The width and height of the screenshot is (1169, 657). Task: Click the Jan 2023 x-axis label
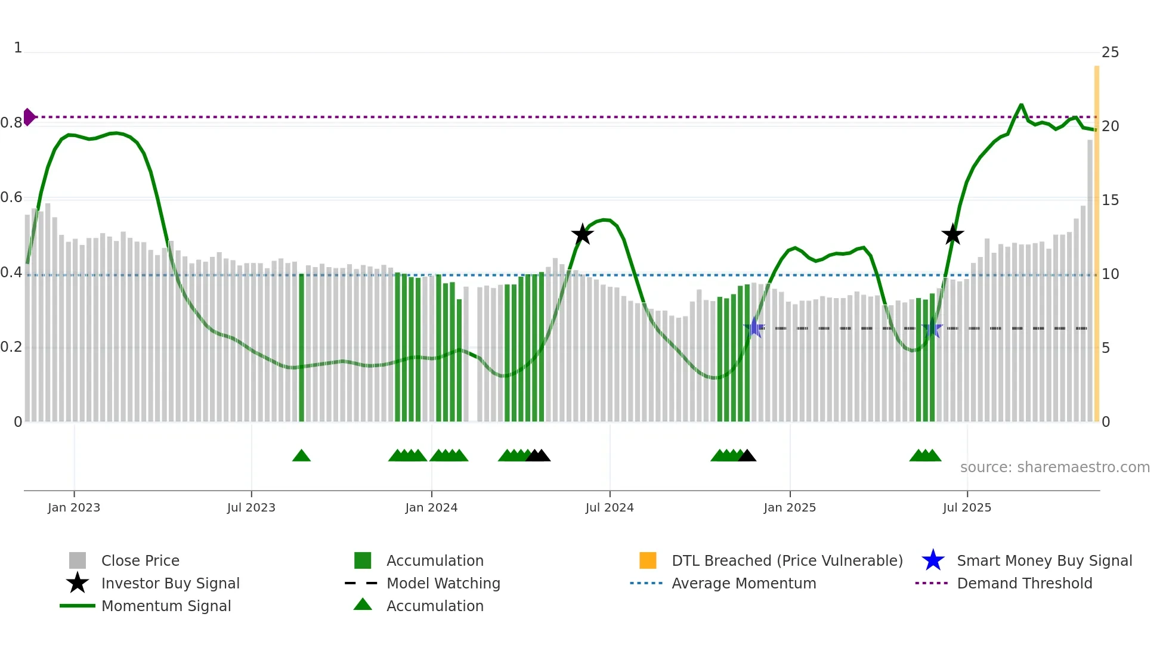(x=74, y=507)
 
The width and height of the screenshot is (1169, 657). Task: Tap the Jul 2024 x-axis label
(x=610, y=507)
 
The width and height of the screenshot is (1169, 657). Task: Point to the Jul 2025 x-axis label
(x=967, y=507)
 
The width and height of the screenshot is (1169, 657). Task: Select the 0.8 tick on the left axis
(x=11, y=123)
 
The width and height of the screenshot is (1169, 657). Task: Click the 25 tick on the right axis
(x=1110, y=52)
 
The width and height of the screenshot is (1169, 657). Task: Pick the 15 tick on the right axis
(x=1110, y=200)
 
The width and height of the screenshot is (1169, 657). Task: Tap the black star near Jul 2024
(x=582, y=234)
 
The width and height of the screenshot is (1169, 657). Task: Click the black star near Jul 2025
(x=952, y=234)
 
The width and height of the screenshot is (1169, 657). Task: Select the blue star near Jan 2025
(x=754, y=327)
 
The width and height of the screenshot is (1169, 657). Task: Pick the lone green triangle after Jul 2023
(x=301, y=455)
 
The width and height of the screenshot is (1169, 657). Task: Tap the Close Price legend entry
(x=140, y=560)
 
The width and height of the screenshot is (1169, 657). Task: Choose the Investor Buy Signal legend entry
(x=170, y=583)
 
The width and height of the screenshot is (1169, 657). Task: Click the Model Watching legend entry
(x=443, y=583)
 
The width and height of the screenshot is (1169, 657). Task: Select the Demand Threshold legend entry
(x=1024, y=583)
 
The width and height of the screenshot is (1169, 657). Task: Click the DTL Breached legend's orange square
(x=648, y=560)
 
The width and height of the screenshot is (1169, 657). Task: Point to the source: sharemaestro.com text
(x=1054, y=467)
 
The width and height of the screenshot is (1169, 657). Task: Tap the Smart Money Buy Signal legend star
(x=933, y=560)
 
